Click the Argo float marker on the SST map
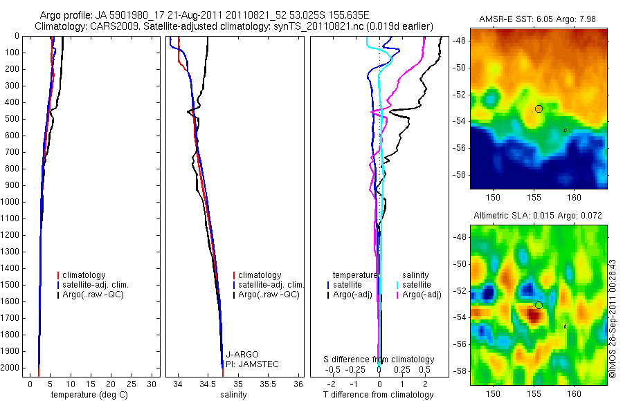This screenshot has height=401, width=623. pyautogui.click(x=539, y=109)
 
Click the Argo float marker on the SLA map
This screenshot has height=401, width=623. pyautogui.click(x=539, y=305)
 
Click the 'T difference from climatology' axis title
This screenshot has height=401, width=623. pyautogui.click(x=379, y=395)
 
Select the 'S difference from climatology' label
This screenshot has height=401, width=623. pyautogui.click(x=379, y=360)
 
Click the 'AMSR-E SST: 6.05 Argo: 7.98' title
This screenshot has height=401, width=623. pyautogui.click(x=538, y=19)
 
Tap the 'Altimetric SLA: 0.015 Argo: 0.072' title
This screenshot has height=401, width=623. pyautogui.click(x=538, y=216)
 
